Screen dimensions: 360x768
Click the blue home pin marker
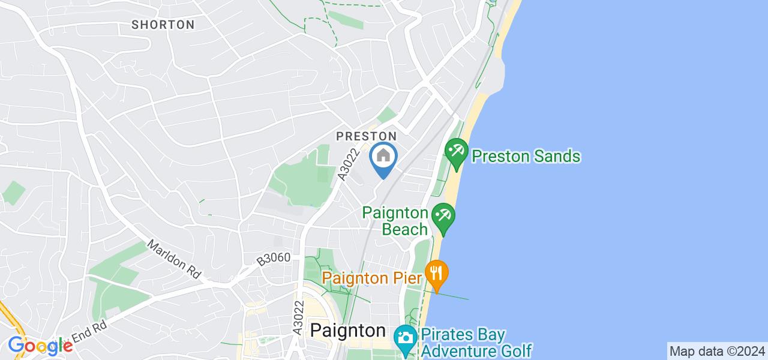383,158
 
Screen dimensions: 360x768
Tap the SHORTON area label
163,25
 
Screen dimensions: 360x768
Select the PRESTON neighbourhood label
366,137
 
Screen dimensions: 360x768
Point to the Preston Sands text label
526,157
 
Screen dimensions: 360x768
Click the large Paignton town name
348,331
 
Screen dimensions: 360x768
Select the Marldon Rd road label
174,258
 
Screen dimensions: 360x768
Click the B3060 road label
274,259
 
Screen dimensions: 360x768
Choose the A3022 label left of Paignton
298,319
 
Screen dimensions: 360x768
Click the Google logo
40,346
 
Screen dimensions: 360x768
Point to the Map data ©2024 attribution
717,351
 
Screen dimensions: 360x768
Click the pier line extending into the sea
456,296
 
